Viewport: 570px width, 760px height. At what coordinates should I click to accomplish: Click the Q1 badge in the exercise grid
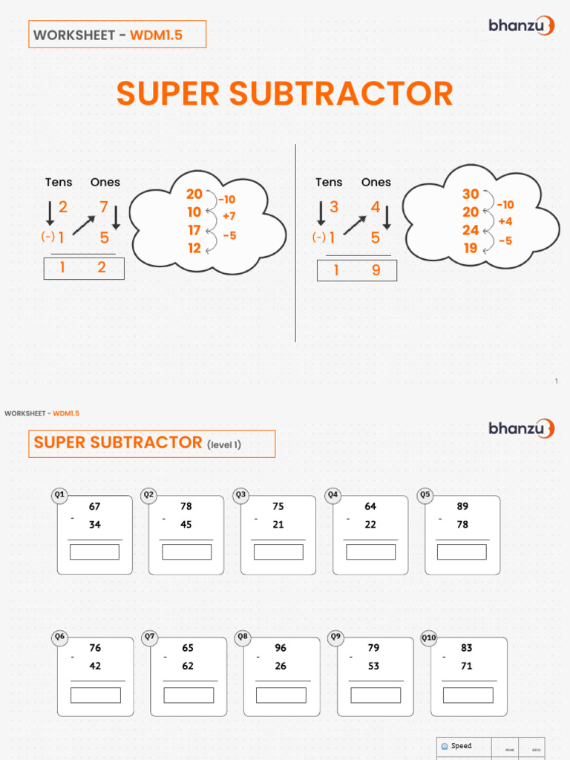tap(60, 495)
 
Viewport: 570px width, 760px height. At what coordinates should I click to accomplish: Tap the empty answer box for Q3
tap(278, 552)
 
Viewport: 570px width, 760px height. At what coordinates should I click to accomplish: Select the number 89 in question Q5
tap(462, 507)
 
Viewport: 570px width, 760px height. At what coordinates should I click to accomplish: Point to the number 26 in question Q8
tap(281, 666)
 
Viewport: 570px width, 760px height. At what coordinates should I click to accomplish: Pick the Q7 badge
tap(150, 637)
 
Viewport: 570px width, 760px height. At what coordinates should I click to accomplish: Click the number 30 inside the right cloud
tap(471, 194)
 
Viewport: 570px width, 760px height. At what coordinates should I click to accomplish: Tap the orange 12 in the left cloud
tap(194, 248)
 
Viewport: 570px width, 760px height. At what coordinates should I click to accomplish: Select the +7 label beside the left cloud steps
tap(229, 216)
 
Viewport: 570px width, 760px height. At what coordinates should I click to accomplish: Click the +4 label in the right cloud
tap(505, 221)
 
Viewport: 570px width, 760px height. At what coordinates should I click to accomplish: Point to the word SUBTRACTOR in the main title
tap(341, 94)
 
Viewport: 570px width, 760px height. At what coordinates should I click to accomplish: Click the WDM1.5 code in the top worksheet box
tap(157, 35)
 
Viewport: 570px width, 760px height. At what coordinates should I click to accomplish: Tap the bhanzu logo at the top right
tap(521, 26)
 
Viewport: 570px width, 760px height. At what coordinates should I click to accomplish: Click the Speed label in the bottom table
tap(461, 746)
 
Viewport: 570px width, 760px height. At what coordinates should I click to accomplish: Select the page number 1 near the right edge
tap(556, 381)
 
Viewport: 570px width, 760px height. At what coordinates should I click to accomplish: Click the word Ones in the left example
tap(105, 182)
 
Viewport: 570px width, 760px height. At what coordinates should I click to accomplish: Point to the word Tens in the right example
tap(329, 182)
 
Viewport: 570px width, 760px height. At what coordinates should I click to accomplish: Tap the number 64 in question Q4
tap(370, 507)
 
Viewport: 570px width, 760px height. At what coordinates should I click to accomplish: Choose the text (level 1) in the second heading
tap(224, 445)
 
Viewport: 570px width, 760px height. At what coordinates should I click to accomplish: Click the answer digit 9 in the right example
tap(376, 271)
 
